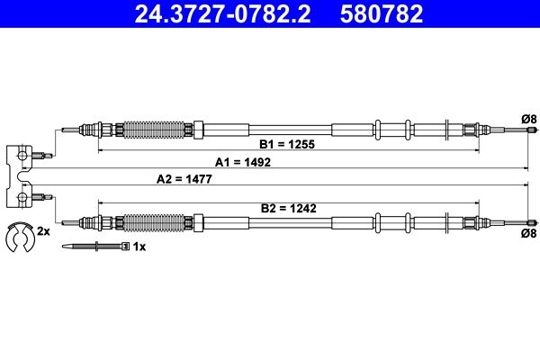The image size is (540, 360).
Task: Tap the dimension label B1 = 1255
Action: pyautogui.click(x=288, y=144)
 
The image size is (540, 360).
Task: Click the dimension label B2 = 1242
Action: pyautogui.click(x=288, y=208)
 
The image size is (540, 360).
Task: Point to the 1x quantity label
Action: pyautogui.click(x=139, y=246)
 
